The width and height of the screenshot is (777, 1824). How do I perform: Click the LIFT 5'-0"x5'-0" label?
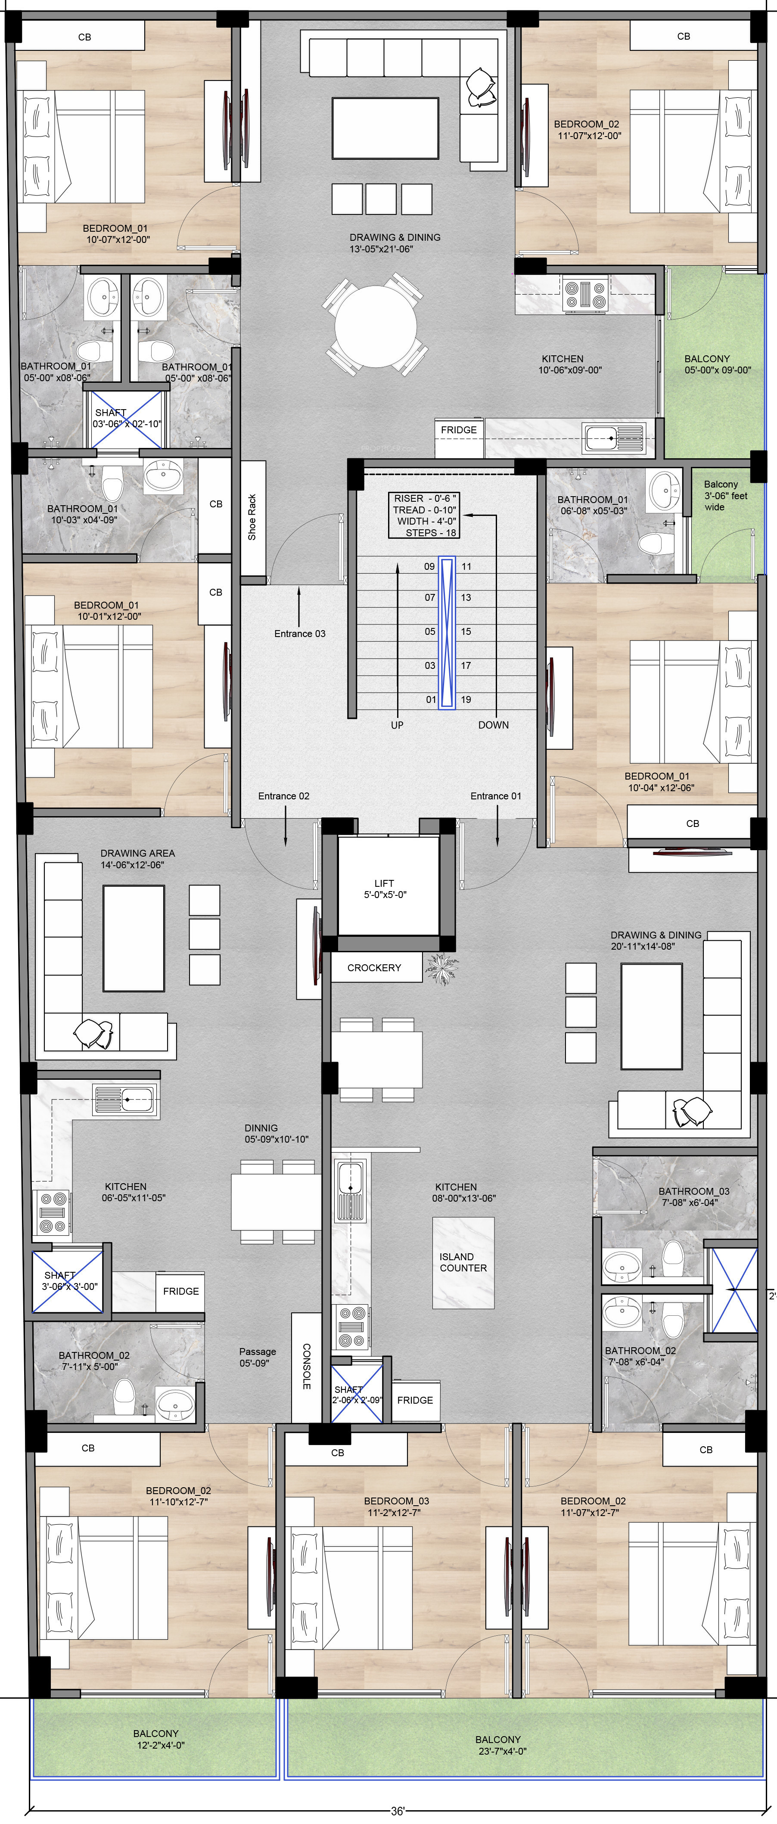[385, 889]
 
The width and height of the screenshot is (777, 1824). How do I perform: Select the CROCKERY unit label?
[374, 967]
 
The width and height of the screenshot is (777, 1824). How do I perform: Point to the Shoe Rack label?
[252, 518]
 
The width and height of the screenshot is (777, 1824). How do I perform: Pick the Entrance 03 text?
[300, 633]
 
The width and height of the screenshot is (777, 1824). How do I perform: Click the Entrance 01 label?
[496, 796]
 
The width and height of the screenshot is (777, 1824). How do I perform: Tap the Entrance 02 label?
[283, 796]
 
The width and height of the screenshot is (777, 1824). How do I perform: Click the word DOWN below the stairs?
[493, 725]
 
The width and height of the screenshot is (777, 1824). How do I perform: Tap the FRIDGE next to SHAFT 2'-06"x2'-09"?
[415, 1400]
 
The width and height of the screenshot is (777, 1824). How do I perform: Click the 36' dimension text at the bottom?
[398, 1811]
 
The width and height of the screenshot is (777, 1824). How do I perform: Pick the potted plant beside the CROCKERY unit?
[442, 968]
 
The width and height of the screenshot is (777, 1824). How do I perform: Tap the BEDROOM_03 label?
[397, 1501]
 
